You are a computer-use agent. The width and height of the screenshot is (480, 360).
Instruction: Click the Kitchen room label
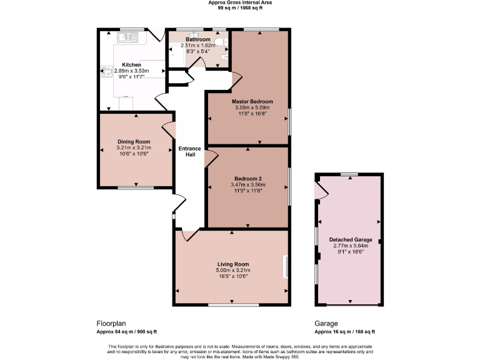point(131,65)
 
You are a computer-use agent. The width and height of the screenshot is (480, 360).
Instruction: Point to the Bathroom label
point(197,39)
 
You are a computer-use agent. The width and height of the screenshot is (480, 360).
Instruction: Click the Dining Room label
point(134,142)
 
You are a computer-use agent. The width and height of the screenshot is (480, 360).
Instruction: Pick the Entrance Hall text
point(190,151)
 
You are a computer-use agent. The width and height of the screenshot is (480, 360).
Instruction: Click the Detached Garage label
point(351,239)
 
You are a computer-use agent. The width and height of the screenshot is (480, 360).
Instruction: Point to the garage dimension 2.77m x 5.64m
point(351,246)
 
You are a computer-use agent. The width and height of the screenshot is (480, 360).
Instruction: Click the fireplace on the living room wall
point(286,266)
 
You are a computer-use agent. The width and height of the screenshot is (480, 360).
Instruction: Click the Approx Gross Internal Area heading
point(240,3)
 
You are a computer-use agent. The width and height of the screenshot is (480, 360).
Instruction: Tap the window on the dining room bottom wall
point(136,187)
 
